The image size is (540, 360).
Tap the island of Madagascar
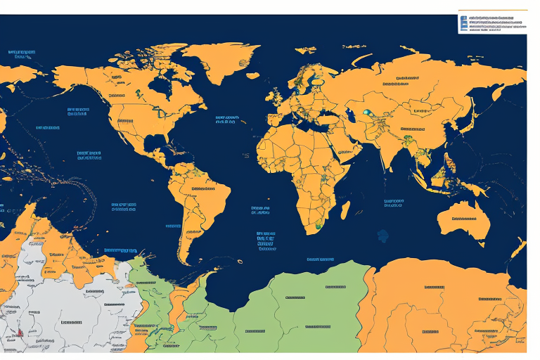(345, 209)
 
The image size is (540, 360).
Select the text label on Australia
(463, 221)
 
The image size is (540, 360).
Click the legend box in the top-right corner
(491, 22)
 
